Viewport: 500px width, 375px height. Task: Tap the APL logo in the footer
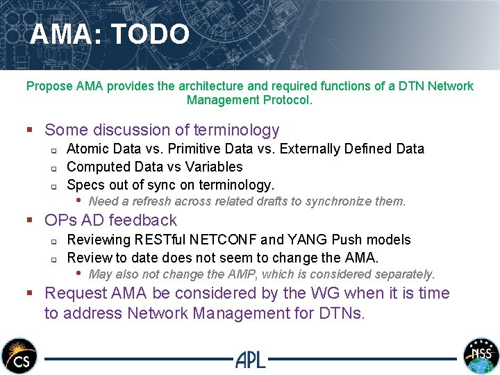(x=250, y=359)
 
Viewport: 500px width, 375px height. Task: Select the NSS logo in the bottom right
(x=481, y=356)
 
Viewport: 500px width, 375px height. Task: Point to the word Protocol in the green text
(x=287, y=100)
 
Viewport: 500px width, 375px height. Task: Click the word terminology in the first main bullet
(x=237, y=130)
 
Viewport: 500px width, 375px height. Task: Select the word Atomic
(x=87, y=149)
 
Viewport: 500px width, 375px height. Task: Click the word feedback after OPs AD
(x=145, y=220)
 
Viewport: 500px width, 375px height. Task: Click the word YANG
(x=315, y=240)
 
